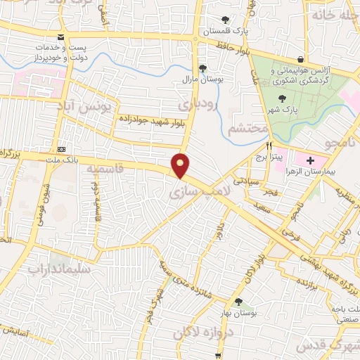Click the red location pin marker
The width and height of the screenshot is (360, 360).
[181, 165]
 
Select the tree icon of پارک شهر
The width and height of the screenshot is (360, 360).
[282, 99]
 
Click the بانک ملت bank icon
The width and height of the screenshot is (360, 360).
[62, 149]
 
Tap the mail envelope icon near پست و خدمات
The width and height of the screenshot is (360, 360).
[60, 37]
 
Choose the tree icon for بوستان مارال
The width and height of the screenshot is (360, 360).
[202, 68]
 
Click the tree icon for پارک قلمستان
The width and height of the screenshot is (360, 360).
[225, 20]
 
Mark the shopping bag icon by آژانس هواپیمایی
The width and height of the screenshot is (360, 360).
[301, 58]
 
